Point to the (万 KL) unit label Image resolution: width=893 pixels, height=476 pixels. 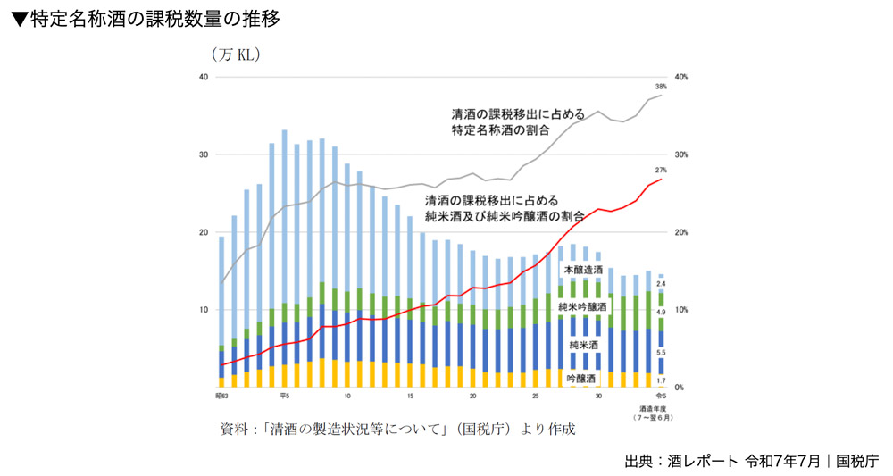(236, 55)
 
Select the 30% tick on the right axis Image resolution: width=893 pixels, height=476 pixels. (681, 155)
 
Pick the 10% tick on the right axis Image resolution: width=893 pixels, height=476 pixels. (681, 310)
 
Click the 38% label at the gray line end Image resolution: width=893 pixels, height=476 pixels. (661, 87)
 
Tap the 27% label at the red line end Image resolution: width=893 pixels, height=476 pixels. (661, 170)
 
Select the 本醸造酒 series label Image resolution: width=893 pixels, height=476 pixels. (582, 270)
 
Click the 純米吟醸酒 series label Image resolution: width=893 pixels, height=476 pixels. (582, 307)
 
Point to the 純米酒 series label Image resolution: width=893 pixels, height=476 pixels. (582, 344)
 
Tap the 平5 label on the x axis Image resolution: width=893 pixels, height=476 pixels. (284, 395)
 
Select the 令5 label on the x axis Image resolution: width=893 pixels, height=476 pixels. (661, 395)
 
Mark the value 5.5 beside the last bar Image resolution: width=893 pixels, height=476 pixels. (661, 354)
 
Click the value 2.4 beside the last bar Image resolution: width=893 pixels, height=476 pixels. (661, 284)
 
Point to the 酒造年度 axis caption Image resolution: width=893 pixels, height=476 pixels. (650, 408)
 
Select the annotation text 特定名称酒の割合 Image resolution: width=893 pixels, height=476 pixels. (500, 129)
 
